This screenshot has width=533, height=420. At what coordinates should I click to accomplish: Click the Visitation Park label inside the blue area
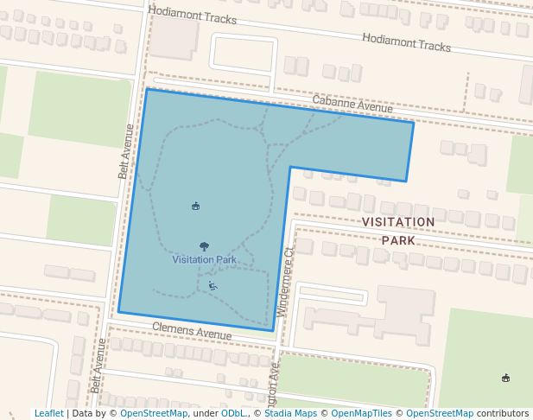click(x=204, y=259)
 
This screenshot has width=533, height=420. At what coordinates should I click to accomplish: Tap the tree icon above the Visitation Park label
click(x=204, y=246)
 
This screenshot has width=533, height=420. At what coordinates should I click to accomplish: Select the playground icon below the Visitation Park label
click(x=213, y=285)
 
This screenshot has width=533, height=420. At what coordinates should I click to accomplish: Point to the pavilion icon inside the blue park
click(x=195, y=206)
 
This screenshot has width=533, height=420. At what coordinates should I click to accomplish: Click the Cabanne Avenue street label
click(x=352, y=105)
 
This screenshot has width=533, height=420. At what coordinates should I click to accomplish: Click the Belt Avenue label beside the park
click(x=127, y=151)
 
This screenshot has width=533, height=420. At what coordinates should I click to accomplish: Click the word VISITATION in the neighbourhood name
click(x=398, y=222)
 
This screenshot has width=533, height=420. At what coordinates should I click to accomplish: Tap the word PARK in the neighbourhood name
click(x=398, y=240)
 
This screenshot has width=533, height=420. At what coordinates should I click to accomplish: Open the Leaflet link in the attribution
click(x=48, y=414)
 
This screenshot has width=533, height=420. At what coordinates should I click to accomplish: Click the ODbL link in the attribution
click(x=232, y=414)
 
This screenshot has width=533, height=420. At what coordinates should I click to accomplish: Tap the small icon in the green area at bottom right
click(x=505, y=378)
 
